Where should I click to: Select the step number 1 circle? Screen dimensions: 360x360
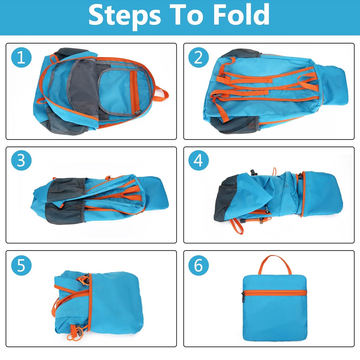(21, 58)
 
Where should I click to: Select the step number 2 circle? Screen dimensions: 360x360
(198, 58)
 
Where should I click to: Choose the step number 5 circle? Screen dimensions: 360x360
(21, 265)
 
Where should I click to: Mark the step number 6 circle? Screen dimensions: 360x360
(198, 265)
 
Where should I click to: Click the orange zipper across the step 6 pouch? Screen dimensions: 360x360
(274, 293)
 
